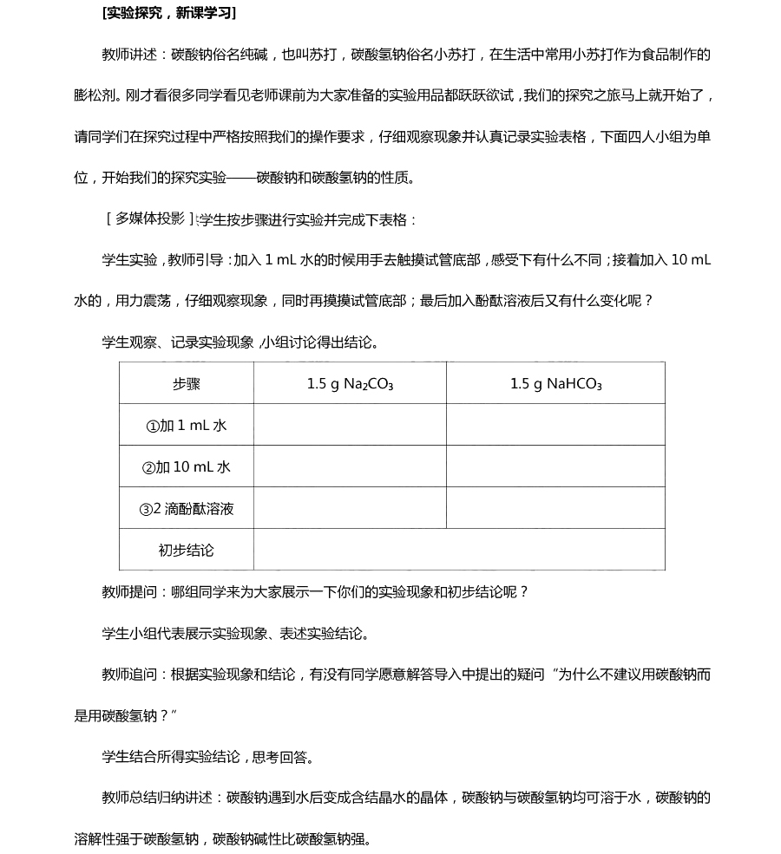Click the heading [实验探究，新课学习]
point(168,13)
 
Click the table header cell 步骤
point(187,384)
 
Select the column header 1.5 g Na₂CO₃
point(350,384)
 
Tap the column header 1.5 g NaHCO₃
point(555,384)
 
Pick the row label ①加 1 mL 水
point(187,426)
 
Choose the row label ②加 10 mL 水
point(187,467)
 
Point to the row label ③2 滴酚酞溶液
point(187,509)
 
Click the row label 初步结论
point(187,551)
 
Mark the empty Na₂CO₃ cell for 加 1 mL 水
point(350,425)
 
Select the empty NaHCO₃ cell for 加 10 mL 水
point(555,466)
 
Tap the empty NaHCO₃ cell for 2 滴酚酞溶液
point(555,508)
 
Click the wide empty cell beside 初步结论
point(459,550)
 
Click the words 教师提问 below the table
point(129,592)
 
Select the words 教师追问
point(129,675)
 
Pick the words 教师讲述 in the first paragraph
point(129,55)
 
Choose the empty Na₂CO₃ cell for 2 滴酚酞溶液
point(350,508)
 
